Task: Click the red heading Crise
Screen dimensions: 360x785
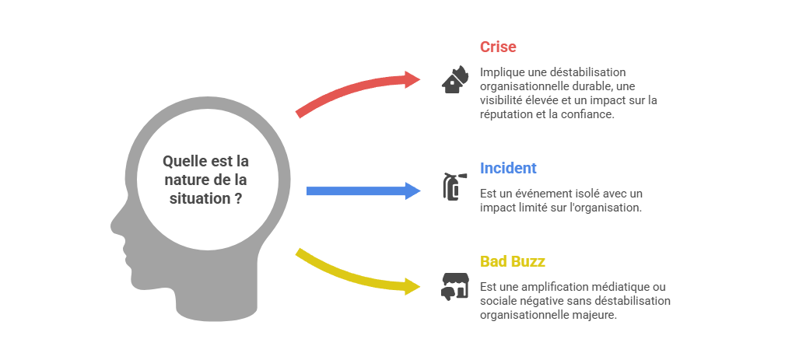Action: click(498, 47)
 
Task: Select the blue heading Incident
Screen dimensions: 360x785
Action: click(508, 168)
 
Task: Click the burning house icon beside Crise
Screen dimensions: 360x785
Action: click(454, 79)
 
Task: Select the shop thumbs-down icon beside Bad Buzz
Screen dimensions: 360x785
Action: click(454, 285)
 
